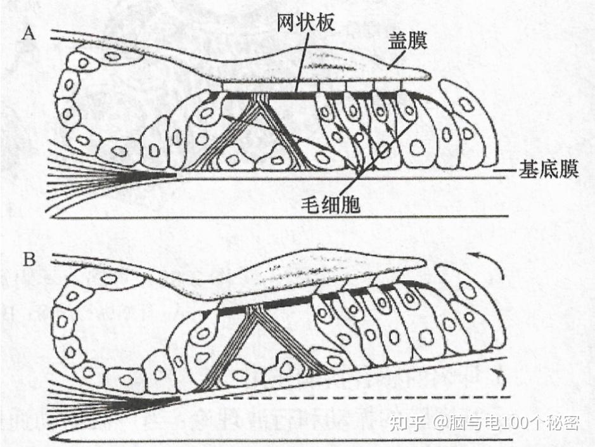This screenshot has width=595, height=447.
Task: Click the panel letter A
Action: coord(28,34)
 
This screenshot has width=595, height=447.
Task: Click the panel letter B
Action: coord(28,261)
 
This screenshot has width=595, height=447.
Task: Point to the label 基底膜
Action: coord(549,170)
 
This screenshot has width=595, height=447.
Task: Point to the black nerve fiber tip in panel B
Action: coord(174,399)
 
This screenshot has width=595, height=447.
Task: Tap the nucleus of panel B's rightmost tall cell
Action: coord(468,290)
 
